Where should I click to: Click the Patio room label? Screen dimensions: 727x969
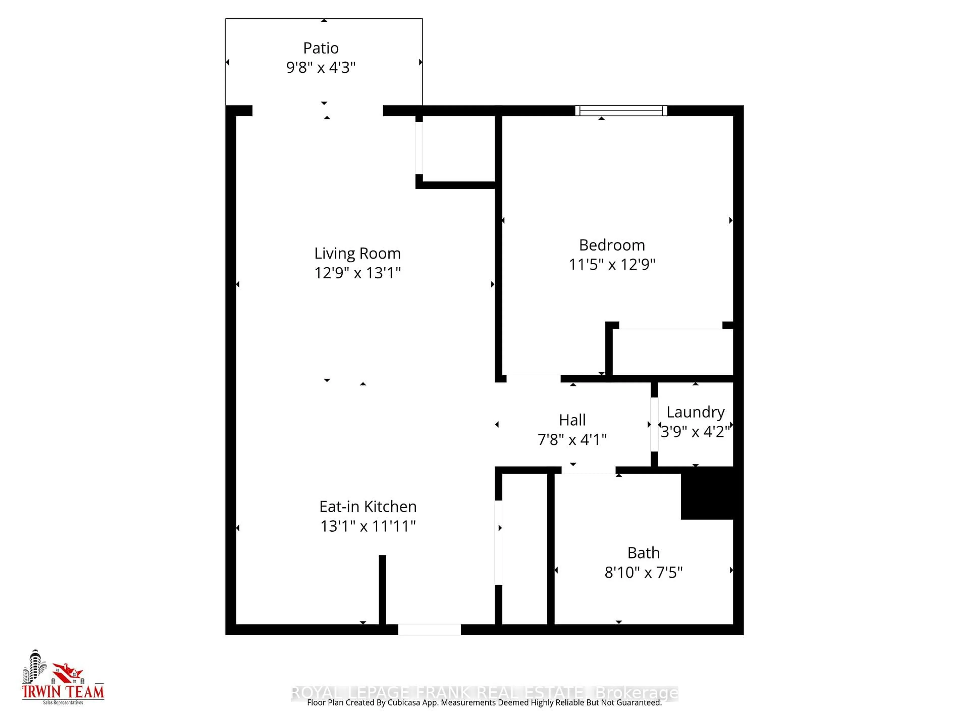coord(321,48)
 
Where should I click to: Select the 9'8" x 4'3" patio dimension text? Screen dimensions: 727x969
coord(321,67)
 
